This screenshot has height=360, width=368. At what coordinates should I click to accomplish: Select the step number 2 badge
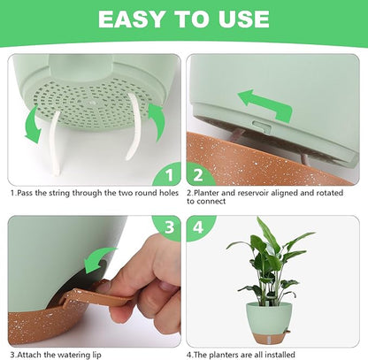tap(199, 174)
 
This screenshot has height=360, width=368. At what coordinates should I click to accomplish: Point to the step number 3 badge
tap(168, 227)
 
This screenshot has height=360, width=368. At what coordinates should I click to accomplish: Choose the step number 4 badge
tap(199, 227)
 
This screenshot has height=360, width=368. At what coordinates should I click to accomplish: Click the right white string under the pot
tap(134, 126)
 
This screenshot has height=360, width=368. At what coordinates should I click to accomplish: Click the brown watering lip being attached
tap(95, 297)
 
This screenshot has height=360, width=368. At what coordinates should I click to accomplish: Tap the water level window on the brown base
tap(269, 340)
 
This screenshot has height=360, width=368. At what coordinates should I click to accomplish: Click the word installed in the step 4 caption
tap(280, 355)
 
